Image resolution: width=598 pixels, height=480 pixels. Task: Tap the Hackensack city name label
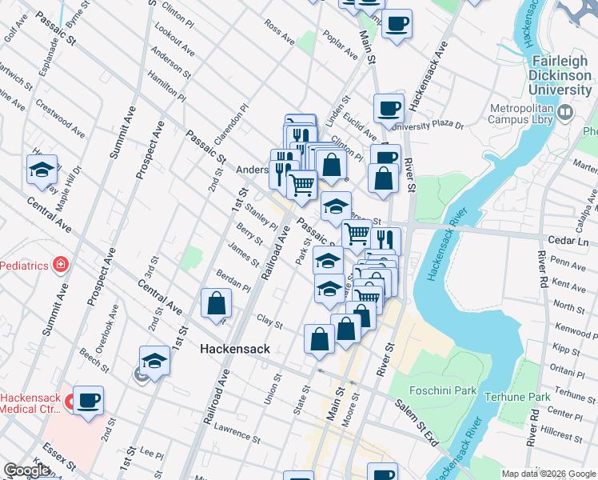tap(234, 349)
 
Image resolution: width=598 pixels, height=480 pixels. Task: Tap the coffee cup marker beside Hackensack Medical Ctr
tap(88, 400)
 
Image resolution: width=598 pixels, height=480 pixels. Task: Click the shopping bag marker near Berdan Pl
tap(216, 303)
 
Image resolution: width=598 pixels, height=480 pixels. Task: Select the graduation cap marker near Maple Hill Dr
tap(42, 170)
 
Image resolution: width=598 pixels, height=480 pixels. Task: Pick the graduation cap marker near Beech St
tap(154, 360)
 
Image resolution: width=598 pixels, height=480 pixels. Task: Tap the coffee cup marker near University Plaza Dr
tap(389, 108)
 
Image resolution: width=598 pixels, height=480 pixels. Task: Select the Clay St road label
tap(270, 322)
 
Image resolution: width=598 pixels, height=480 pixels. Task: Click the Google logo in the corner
tap(26, 470)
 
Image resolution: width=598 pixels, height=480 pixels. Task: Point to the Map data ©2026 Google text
tap(548, 474)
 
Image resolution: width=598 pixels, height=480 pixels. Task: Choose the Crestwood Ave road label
tap(59, 117)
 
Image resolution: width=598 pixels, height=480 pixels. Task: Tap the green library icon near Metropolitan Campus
tap(566, 114)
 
